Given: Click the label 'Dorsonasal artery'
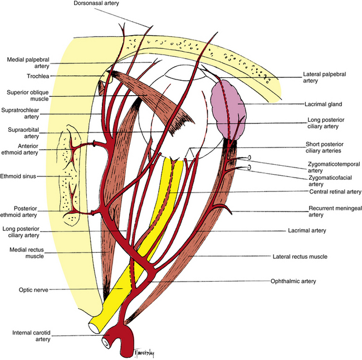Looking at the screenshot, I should [97, 4].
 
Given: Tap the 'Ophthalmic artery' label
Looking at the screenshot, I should [293, 282].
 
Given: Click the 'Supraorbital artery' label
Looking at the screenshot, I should [23, 132].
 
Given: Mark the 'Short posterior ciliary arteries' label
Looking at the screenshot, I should [331, 147].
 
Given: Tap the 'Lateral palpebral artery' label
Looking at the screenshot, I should [326, 77].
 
